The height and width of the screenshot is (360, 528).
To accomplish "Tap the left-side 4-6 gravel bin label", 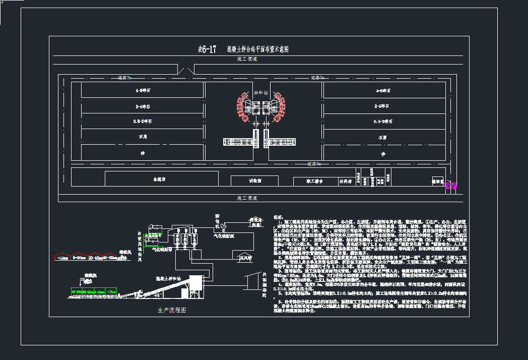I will click(143, 91).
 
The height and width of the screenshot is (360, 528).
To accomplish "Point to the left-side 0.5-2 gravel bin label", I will click(143, 122).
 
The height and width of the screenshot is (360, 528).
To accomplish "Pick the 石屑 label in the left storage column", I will click(143, 137).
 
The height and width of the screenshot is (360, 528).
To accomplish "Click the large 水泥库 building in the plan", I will click(161, 179).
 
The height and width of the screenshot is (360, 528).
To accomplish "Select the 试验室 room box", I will click(254, 181).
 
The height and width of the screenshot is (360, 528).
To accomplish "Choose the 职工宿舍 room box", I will click(314, 181).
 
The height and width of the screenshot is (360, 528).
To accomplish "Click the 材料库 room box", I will click(345, 181).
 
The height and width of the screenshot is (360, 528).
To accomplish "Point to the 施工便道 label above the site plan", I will click(247, 59).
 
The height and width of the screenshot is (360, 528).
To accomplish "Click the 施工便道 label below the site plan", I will click(247, 198).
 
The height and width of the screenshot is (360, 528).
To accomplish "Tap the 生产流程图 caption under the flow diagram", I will click(172, 311).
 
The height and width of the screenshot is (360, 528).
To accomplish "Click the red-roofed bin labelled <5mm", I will click(62, 257).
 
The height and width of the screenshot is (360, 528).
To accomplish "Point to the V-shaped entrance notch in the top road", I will click(187, 70).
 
